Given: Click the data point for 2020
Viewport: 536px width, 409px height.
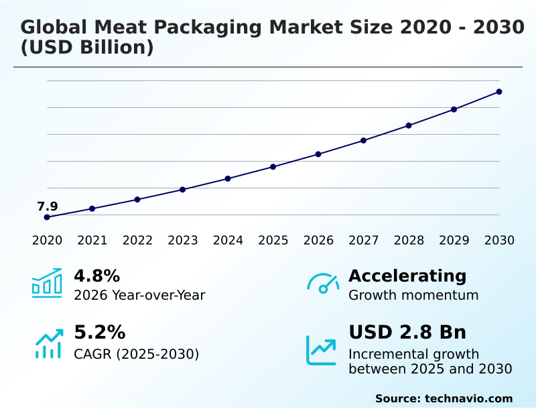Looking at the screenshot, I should [47, 217].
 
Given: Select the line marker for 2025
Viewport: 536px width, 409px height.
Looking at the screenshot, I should [273, 166].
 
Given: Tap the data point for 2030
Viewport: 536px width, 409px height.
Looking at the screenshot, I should [499, 92].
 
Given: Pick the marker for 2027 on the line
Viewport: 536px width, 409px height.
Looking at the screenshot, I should [364, 140].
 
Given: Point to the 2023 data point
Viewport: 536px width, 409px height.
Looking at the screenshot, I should [183, 190].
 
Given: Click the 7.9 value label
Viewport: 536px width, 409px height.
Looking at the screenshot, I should [47, 207].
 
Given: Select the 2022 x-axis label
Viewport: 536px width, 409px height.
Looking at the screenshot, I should [137, 240].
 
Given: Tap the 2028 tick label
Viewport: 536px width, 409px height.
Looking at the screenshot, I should [409, 240].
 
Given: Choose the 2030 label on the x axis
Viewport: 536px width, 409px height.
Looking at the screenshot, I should [499, 240].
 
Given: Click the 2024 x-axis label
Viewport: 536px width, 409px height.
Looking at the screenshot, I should [228, 240].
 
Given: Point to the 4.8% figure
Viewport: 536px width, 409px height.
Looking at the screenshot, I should [96, 276].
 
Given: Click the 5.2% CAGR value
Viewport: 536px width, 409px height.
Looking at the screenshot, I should [99, 333].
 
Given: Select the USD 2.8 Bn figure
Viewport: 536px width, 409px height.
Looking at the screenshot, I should [407, 333].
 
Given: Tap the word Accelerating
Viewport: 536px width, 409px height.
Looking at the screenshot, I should [407, 276].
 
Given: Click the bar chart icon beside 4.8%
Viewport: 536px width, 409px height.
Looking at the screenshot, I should [47, 283].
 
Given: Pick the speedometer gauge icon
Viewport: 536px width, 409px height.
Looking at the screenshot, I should [323, 283].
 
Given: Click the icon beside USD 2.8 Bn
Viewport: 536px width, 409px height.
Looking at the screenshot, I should [322, 349].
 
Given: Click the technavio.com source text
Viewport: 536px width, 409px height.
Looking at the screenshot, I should [468, 398].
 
